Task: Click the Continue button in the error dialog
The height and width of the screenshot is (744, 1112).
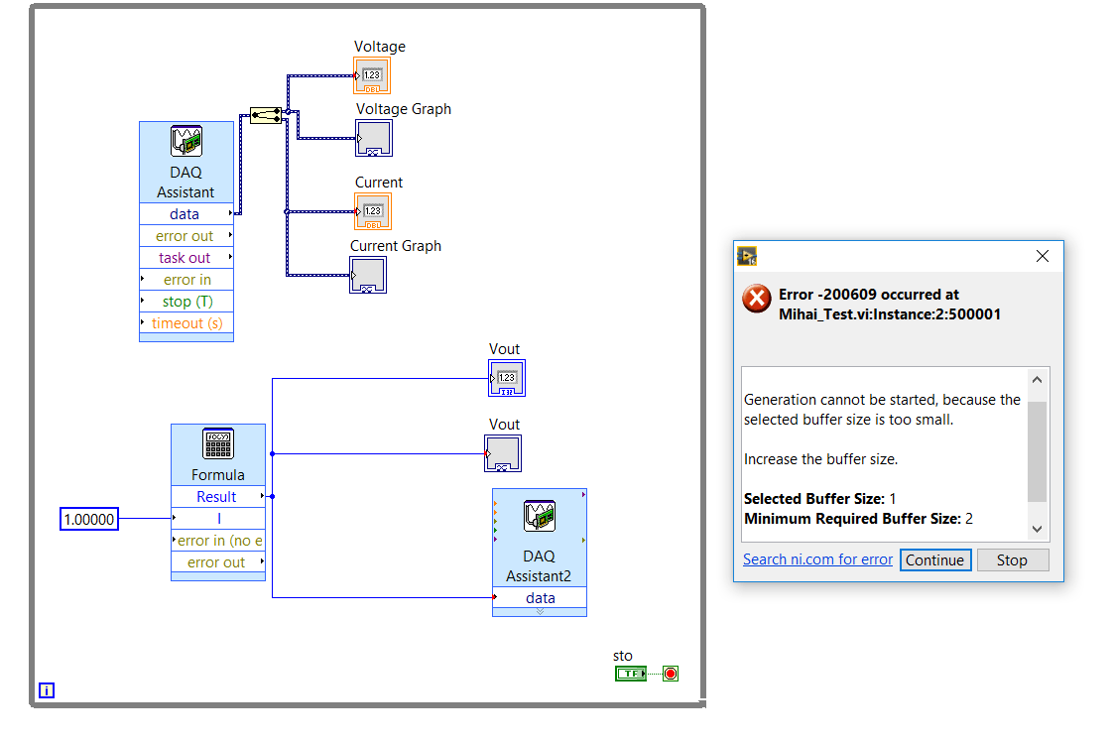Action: (x=935, y=560)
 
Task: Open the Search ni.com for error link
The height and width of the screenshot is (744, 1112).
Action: (x=817, y=559)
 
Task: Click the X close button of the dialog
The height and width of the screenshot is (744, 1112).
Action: (x=1042, y=256)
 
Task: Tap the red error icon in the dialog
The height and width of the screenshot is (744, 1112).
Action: (x=757, y=299)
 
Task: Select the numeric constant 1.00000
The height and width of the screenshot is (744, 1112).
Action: (x=89, y=519)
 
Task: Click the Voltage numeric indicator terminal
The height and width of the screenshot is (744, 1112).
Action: (x=372, y=76)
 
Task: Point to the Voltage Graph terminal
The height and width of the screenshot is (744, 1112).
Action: (x=374, y=138)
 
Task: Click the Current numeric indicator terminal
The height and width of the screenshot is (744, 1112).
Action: (x=372, y=211)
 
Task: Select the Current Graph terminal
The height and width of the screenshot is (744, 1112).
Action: (x=368, y=275)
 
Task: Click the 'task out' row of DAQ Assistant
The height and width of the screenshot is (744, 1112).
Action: (x=186, y=258)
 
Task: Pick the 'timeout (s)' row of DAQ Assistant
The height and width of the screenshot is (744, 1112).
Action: (x=186, y=323)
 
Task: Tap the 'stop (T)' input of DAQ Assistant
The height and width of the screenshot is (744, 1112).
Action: (x=186, y=302)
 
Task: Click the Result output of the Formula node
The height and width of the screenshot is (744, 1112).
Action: (x=218, y=497)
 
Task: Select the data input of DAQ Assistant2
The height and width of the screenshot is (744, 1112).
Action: (x=540, y=598)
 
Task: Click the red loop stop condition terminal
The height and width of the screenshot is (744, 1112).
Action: (x=671, y=674)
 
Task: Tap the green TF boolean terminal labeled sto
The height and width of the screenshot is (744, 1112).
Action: (x=631, y=674)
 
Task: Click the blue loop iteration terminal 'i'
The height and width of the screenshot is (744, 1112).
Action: (x=46, y=690)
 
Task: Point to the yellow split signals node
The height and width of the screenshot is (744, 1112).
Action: (x=266, y=115)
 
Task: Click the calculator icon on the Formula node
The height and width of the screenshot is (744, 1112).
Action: (x=218, y=444)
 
